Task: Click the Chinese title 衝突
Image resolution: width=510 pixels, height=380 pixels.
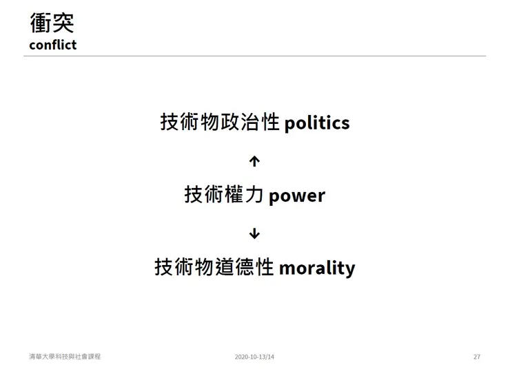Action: click(52, 22)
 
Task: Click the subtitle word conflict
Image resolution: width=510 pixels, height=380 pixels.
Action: click(52, 45)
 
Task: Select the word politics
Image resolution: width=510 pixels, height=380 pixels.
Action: click(316, 123)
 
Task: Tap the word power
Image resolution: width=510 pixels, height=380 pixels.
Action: click(296, 195)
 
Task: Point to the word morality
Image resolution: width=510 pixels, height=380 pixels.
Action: click(316, 267)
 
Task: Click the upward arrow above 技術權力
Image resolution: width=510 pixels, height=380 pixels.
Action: click(254, 161)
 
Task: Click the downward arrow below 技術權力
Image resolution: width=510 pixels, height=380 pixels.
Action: click(254, 233)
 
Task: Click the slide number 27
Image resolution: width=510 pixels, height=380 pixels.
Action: click(477, 357)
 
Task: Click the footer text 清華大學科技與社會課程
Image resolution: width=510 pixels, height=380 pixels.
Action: click(65, 357)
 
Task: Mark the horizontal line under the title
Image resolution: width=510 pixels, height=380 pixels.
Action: click(254, 56)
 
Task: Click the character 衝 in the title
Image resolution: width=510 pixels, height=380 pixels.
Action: click(41, 22)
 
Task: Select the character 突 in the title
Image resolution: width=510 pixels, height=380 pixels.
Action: click(63, 22)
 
